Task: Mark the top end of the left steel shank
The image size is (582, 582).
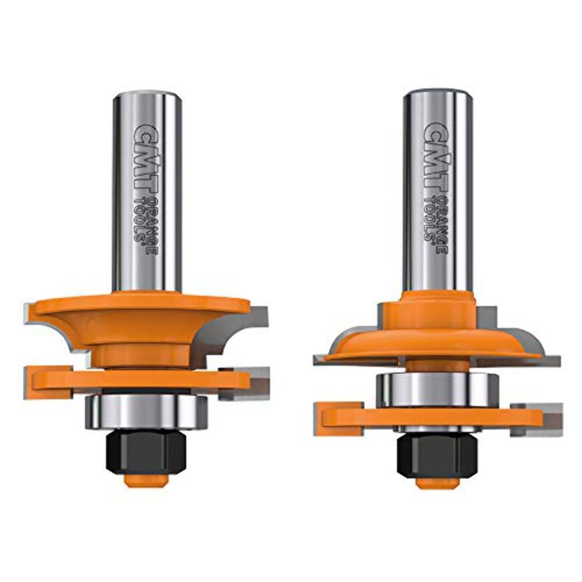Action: point(143,97)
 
